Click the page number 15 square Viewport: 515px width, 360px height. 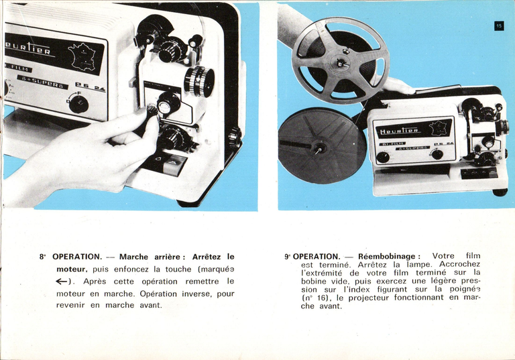(498, 25)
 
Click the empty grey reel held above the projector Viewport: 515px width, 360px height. (340, 60)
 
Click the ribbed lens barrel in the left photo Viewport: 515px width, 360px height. (198, 81)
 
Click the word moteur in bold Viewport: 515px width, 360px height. (71, 269)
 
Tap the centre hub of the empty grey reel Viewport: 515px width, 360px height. (342, 63)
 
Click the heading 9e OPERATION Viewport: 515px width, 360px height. (312, 256)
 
